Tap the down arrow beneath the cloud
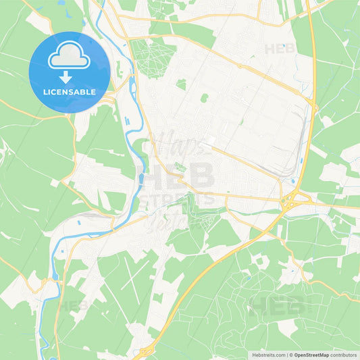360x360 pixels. pos(69,75)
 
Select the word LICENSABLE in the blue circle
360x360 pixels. pos(70,91)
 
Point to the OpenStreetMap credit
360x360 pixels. pos(311,355)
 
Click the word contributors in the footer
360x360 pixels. pos(344,355)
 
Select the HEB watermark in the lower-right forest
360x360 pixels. pos(277,305)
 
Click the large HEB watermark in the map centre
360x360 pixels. pos(178,178)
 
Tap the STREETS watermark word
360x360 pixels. pos(177,199)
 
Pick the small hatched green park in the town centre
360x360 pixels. pos(180,167)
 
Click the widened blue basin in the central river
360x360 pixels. pos(140,179)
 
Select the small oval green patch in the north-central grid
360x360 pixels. pos(204,98)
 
